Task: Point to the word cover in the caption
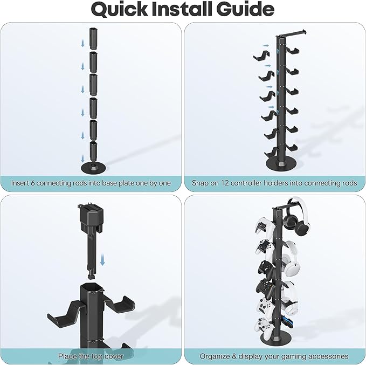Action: (x=114, y=356)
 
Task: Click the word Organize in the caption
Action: (x=215, y=356)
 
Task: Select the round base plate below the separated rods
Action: (x=93, y=168)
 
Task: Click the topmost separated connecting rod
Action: (x=93, y=38)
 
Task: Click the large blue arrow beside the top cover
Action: (x=102, y=260)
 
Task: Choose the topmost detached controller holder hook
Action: (x=261, y=56)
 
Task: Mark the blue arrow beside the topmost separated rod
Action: (x=82, y=43)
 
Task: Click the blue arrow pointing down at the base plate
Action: (x=82, y=159)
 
